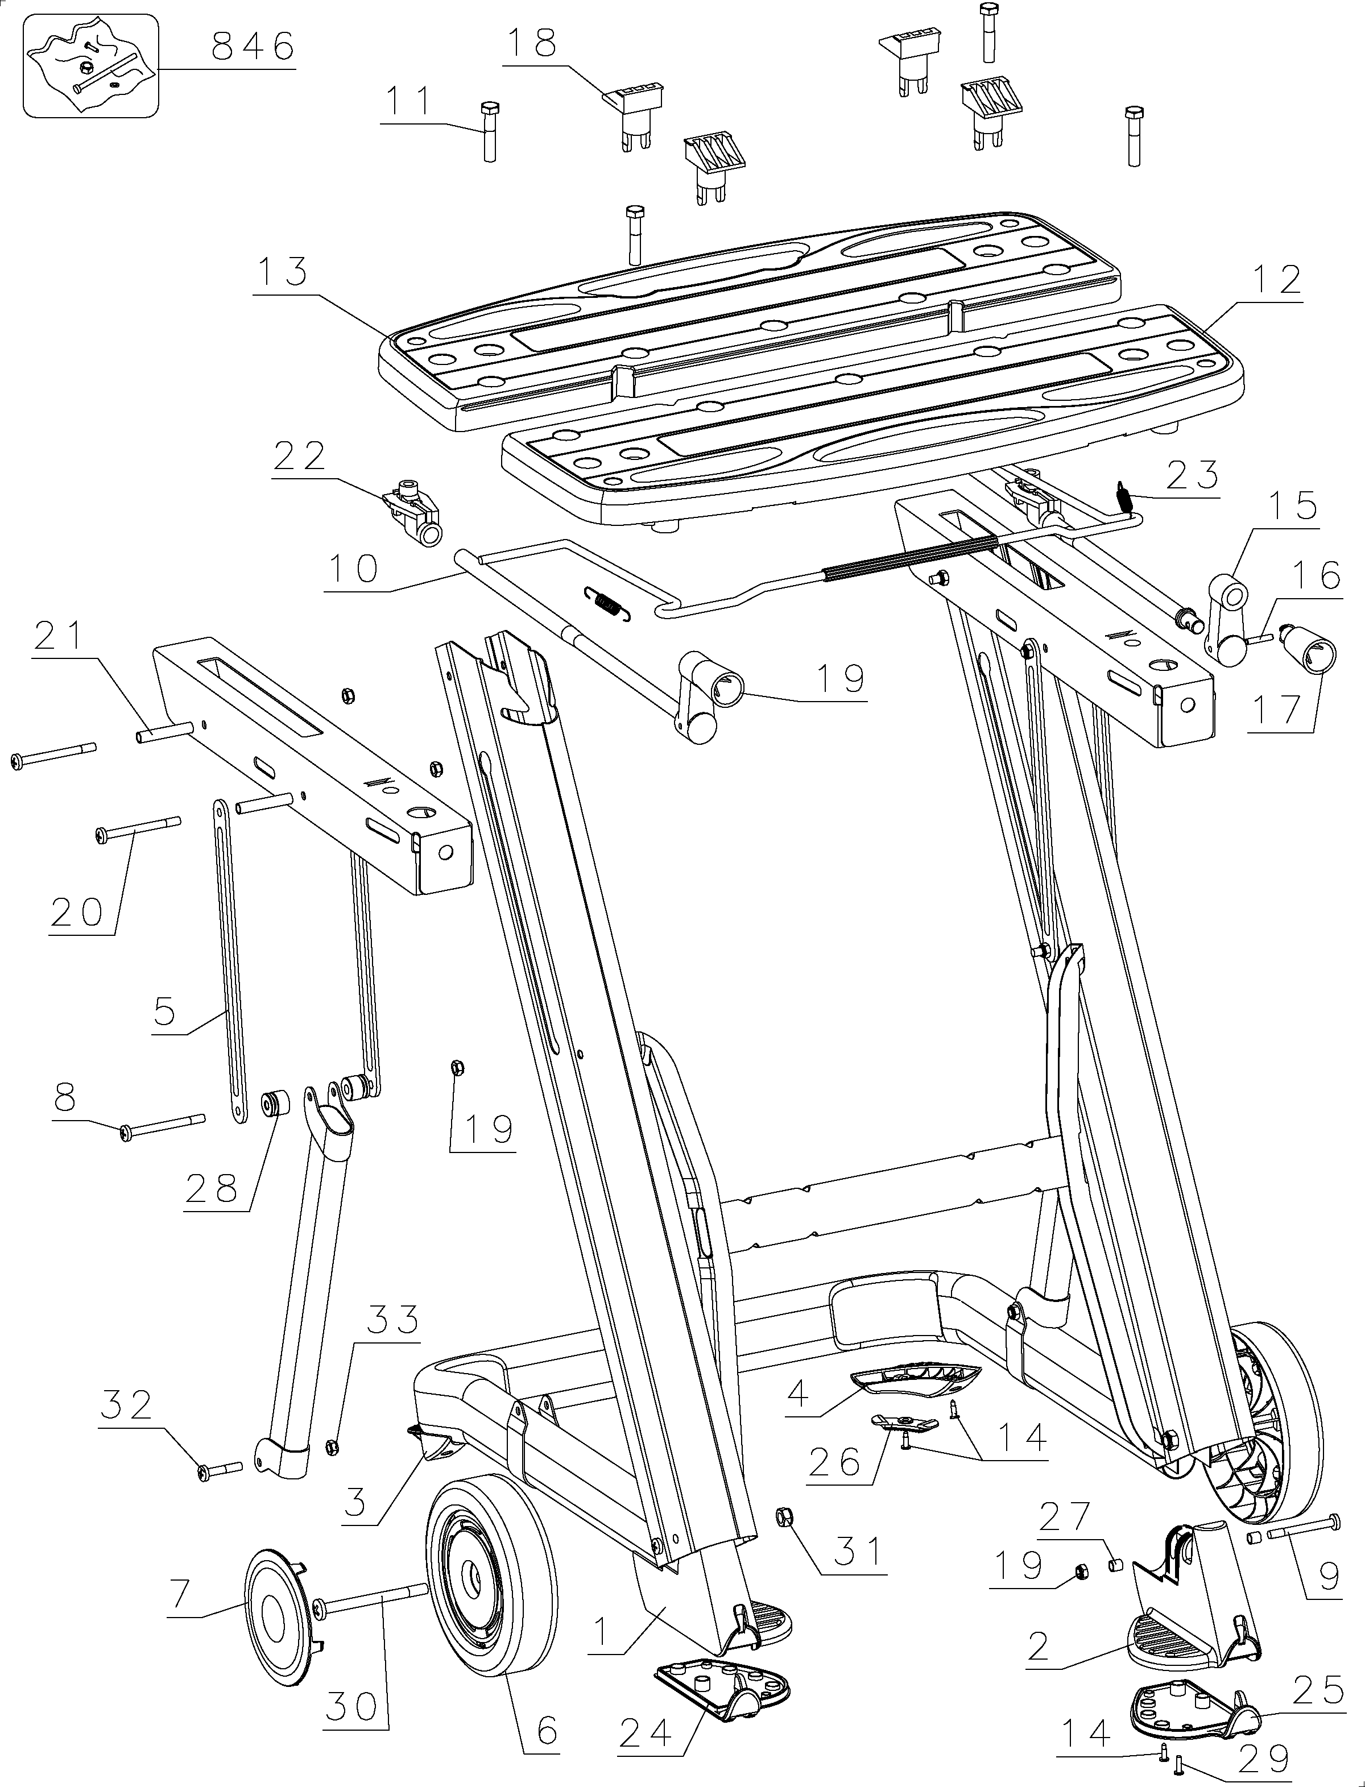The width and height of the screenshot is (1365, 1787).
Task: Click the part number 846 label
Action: coord(252,47)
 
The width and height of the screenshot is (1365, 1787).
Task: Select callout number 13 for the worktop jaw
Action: coord(279,272)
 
